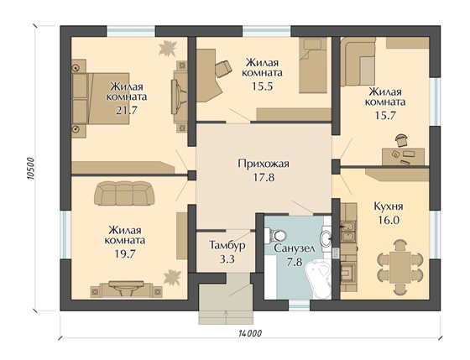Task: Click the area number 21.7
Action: click(x=126, y=111)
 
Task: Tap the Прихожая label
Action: click(x=264, y=164)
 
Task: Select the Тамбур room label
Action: click(x=227, y=245)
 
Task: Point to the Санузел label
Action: click(x=295, y=248)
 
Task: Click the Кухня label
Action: click(x=389, y=206)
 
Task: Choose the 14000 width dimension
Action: click(x=250, y=333)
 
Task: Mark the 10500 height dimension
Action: click(x=30, y=168)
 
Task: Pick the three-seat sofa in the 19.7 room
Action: click(x=124, y=193)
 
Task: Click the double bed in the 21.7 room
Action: click(x=101, y=98)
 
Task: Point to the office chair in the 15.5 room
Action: click(x=222, y=69)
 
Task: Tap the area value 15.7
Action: click(x=385, y=116)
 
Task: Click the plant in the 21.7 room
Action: click(x=168, y=48)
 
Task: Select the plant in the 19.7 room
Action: click(x=172, y=277)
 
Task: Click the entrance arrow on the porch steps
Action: click(x=226, y=317)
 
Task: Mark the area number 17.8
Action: click(x=264, y=178)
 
